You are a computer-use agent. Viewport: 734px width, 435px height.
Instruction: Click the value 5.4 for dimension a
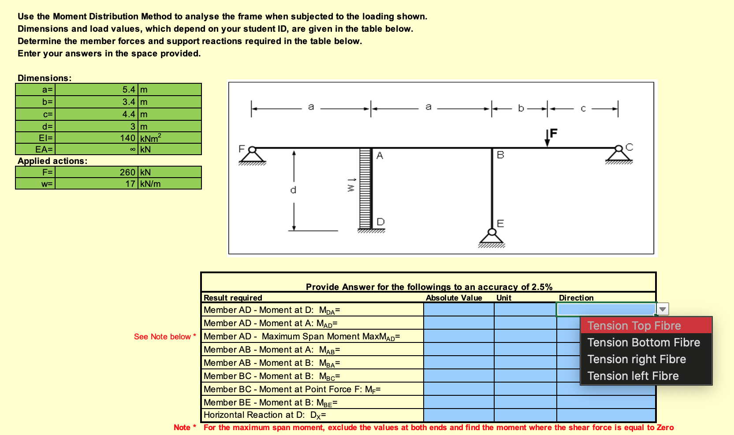(x=129, y=89)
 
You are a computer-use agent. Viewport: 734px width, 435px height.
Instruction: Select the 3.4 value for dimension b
(x=129, y=102)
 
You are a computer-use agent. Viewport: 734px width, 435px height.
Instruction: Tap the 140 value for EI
(x=127, y=138)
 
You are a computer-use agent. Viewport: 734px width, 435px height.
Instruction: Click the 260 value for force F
(x=127, y=172)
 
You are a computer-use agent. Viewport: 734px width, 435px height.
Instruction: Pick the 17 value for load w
(x=130, y=184)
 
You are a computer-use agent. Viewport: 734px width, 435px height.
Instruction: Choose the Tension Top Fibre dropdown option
(x=634, y=326)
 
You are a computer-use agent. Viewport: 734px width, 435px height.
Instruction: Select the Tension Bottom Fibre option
(x=643, y=342)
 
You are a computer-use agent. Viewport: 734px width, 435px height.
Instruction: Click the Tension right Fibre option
(x=636, y=359)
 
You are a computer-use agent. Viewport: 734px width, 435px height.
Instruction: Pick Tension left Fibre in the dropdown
(x=633, y=376)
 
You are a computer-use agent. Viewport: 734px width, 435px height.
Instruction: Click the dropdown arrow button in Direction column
(x=663, y=309)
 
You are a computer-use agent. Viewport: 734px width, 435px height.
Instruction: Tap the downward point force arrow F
(x=547, y=138)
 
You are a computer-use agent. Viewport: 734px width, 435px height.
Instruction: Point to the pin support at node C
(x=618, y=154)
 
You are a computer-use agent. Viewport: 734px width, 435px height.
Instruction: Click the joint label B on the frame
(x=500, y=155)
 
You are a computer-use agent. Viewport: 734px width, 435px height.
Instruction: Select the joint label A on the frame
(x=380, y=155)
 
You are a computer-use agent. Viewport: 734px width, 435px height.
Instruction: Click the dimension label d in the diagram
(x=293, y=190)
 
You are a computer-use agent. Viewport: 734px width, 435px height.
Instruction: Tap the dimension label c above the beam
(x=583, y=108)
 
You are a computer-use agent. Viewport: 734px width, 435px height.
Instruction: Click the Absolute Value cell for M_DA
(x=458, y=310)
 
